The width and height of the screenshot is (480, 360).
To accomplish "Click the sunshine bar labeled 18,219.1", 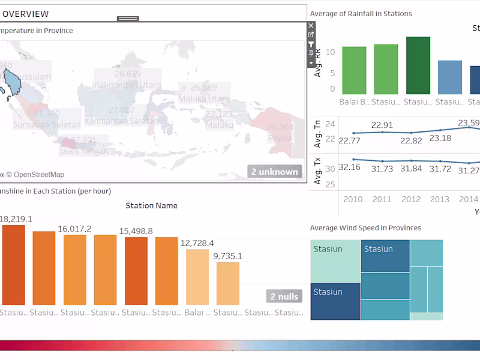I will point(13,264).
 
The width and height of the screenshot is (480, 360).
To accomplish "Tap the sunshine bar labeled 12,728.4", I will point(197,277).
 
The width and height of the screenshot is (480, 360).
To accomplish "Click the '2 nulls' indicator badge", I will point(284,296).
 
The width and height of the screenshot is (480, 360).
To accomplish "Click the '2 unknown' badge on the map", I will point(274,172).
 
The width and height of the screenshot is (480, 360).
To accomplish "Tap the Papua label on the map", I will point(281,137).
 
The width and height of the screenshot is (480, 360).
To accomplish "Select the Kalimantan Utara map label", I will point(128,85).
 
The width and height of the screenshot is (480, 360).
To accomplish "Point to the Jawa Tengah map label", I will point(83,151).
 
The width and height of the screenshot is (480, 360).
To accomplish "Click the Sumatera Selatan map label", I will point(47,125).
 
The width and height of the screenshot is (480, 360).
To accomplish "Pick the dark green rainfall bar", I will point(418,65).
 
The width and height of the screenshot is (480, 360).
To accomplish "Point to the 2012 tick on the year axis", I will point(411,199).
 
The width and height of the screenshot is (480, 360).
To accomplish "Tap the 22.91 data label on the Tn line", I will point(382,125).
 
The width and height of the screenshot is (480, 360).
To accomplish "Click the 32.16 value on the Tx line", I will point(350,167).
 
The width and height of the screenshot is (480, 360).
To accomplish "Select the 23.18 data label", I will point(440,138).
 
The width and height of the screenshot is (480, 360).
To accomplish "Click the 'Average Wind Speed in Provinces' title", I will point(365,228).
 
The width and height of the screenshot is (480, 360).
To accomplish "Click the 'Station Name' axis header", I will point(151,206).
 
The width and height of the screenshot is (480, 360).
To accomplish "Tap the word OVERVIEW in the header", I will point(26,14).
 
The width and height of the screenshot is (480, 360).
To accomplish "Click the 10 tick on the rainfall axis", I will point(332,52).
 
